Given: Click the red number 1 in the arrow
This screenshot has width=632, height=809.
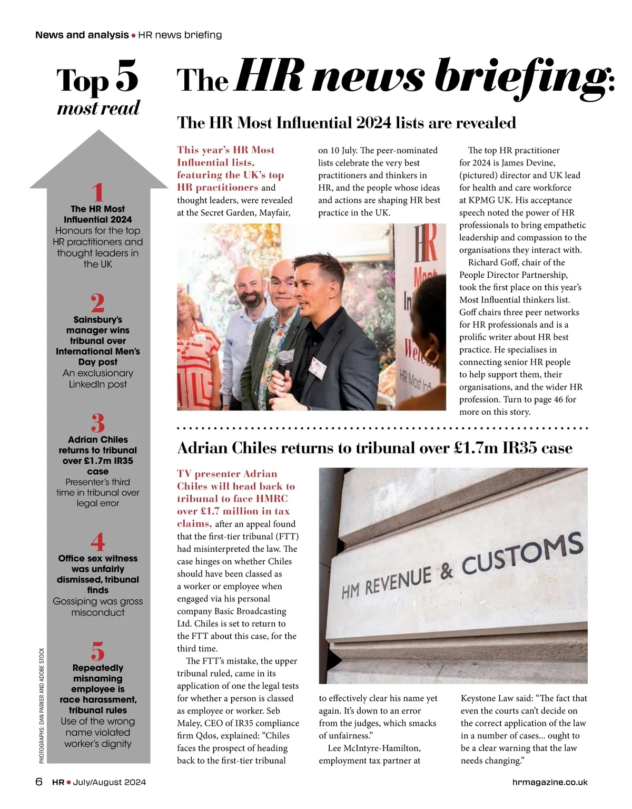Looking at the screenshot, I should click(x=97, y=192).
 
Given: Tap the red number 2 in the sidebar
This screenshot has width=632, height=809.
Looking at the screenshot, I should click(x=97, y=303).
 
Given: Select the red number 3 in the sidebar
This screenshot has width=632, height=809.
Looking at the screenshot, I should click(x=98, y=423).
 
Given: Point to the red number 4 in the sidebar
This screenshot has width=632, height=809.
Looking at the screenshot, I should click(x=98, y=542).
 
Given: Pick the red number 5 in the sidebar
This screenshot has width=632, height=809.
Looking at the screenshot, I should click(x=98, y=651).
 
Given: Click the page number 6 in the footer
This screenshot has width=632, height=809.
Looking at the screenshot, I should click(x=39, y=782).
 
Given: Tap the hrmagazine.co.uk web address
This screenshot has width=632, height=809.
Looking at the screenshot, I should click(x=550, y=782).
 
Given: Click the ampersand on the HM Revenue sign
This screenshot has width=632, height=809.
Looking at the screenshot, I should click(x=447, y=571).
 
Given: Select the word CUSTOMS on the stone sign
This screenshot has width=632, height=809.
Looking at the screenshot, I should click(x=522, y=553).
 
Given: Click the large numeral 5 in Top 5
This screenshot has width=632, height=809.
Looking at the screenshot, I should click(x=126, y=77).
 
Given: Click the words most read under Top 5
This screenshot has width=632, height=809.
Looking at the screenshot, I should click(x=98, y=108).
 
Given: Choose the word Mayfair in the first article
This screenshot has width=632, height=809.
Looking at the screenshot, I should click(x=273, y=213).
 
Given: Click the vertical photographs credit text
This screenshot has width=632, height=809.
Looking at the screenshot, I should click(x=42, y=705).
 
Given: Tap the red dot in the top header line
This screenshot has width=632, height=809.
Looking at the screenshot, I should click(x=133, y=35).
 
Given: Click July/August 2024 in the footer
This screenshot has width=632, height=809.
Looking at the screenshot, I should click(x=109, y=782).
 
